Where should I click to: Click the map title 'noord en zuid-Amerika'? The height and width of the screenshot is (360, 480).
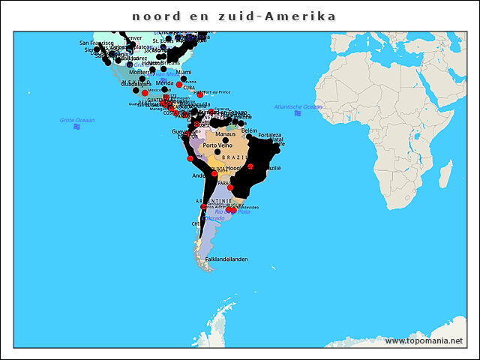click(233, 16)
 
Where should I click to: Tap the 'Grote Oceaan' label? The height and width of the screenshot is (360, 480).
click(77, 120)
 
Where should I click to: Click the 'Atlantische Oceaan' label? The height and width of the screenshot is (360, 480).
click(298, 106)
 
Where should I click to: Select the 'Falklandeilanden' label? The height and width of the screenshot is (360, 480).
click(226, 259)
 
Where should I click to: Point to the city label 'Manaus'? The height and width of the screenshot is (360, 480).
click(226, 134)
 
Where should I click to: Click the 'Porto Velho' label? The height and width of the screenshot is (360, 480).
click(217, 145)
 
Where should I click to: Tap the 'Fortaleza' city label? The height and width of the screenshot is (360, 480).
click(270, 135)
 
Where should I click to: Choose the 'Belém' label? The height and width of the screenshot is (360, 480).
click(249, 130)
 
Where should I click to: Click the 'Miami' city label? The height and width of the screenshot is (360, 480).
click(184, 72)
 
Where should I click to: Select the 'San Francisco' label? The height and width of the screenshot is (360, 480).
click(97, 43)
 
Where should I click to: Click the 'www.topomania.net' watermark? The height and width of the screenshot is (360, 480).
click(424, 341)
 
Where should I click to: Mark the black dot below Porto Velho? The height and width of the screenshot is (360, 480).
click(217, 152)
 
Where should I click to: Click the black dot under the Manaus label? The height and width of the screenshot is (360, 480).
click(225, 141)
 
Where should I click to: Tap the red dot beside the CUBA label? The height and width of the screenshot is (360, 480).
click(179, 85)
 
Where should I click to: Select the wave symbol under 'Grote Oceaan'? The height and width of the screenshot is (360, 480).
click(77, 127)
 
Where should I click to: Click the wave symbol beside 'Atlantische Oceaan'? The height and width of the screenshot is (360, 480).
click(298, 113)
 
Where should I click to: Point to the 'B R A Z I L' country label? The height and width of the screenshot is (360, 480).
click(235, 157)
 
